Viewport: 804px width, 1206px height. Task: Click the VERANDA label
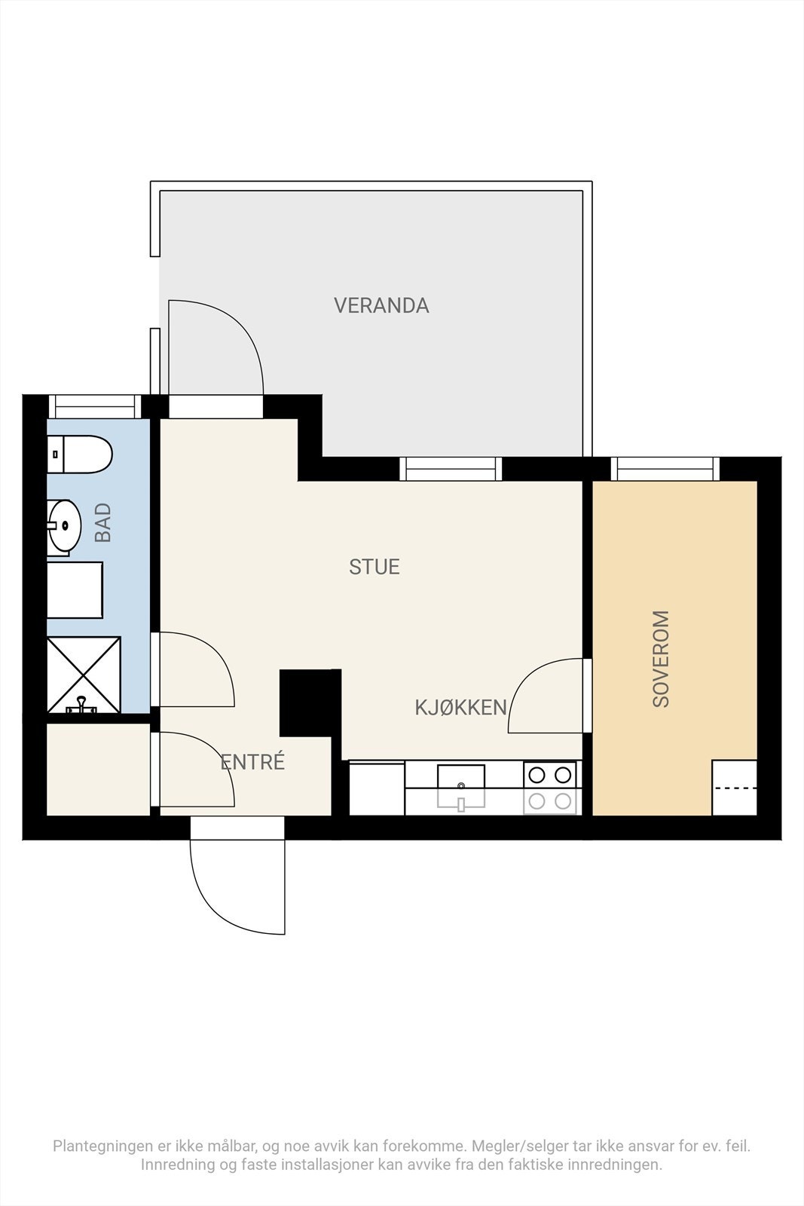click(x=381, y=306)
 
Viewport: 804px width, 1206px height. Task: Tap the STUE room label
click(x=374, y=567)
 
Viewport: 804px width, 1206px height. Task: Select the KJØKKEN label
click(x=460, y=708)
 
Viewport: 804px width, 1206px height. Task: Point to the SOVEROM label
click(x=660, y=659)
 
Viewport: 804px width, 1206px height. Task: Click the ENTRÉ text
click(x=252, y=761)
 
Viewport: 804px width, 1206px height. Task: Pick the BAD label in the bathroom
click(x=102, y=522)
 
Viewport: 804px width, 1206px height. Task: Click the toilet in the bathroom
click(x=79, y=455)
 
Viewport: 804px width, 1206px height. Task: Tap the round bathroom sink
click(x=64, y=526)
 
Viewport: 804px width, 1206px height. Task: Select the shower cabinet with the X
click(x=84, y=675)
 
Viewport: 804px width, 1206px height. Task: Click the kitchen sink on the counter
click(x=460, y=787)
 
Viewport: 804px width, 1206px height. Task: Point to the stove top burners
click(x=549, y=788)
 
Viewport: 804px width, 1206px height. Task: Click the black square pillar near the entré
click(x=310, y=702)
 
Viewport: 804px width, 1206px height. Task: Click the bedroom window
click(x=665, y=468)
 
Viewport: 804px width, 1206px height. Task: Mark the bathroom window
click(x=95, y=406)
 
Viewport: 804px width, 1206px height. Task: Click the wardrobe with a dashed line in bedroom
click(x=734, y=788)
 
